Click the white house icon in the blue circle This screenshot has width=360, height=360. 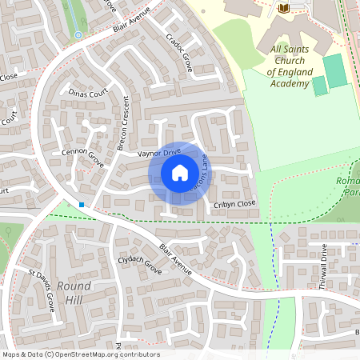(179, 173)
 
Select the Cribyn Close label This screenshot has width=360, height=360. (234, 203)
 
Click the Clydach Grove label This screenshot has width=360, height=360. (140, 266)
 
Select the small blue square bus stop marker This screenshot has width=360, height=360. (81, 205)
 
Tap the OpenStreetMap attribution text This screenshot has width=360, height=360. (81, 354)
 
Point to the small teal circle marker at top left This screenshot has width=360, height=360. (78, 35)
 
